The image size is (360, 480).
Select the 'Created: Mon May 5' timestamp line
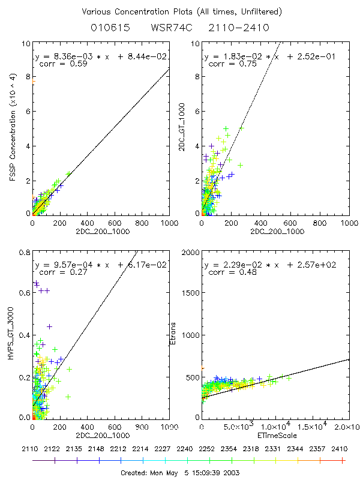180,472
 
